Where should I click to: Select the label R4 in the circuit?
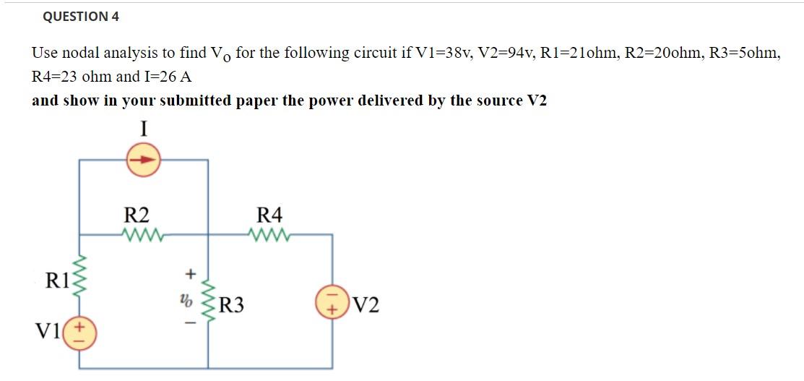coord(270,215)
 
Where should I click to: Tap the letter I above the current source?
coord(144,129)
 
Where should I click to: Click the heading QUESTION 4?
coord(81,16)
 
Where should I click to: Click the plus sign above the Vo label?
coord(191,274)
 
